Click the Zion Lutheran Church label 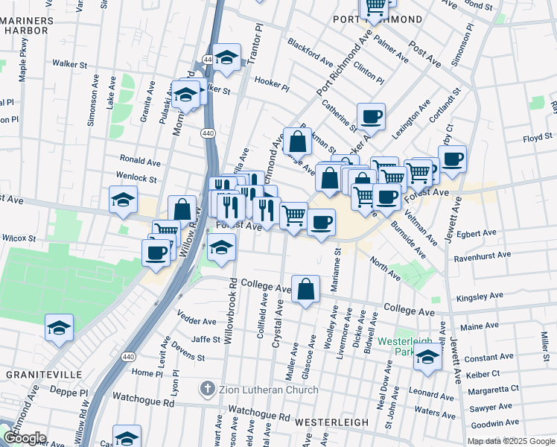tap(269, 390)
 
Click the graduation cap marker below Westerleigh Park tap(428, 358)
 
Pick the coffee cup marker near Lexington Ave tap(371, 116)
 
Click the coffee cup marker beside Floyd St tap(453, 159)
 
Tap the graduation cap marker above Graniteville tap(58, 327)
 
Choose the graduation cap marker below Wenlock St tap(123, 200)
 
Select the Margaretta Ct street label tap(492, 389)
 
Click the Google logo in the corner tap(24, 437)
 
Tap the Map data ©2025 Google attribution tap(510, 441)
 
